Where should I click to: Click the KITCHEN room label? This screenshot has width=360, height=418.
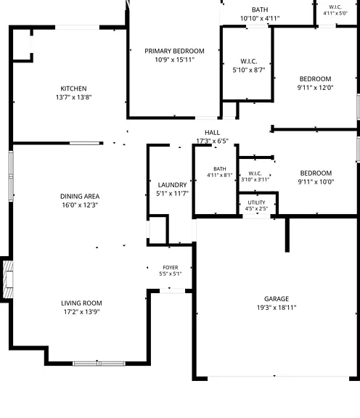73,89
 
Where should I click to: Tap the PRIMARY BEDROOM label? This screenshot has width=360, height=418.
174,51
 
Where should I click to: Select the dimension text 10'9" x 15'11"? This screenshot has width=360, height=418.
174,60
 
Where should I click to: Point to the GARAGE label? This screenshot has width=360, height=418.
277,299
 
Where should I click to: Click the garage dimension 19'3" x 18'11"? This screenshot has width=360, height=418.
277,308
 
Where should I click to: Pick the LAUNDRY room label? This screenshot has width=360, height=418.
172,185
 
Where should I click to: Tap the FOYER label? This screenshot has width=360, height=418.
171,267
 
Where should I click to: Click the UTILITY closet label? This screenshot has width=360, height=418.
256,202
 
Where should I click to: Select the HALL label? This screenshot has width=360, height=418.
212,133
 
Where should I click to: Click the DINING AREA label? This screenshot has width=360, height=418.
80,197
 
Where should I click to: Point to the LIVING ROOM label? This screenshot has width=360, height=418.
81,303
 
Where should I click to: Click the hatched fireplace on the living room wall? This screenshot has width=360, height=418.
8,279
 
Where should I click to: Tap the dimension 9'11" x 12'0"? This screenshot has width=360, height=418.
316,88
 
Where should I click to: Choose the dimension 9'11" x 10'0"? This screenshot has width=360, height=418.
316,182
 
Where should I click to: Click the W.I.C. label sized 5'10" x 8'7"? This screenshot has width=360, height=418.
249,61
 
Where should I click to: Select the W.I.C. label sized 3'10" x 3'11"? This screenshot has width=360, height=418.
255,173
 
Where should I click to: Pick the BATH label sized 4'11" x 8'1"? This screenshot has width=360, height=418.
220,169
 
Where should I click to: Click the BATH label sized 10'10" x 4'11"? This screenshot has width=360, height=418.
260,10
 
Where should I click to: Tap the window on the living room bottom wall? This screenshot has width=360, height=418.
99,364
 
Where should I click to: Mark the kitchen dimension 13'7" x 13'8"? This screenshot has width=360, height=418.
73,97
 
